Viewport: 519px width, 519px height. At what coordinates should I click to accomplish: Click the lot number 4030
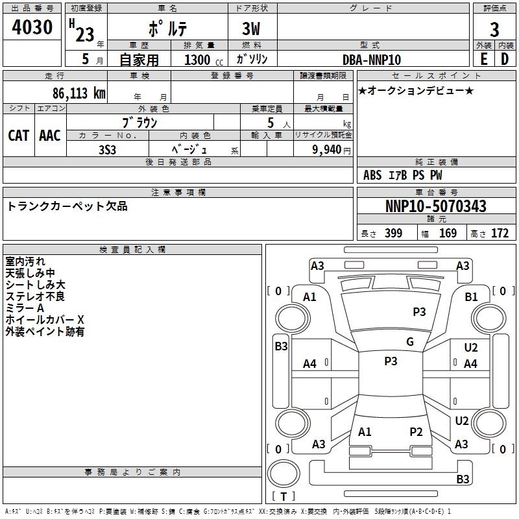pos(32,27)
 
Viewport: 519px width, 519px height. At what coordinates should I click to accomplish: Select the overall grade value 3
pos(494,29)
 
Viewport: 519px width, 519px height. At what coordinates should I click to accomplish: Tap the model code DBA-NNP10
pos(371,60)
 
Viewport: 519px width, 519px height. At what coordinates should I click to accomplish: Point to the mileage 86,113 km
pos(78,93)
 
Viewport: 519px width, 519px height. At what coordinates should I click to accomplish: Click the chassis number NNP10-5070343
pos(436,206)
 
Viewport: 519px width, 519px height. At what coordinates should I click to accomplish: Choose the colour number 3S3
pos(107,150)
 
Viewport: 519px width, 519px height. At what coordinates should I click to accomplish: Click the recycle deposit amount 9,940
pos(326,150)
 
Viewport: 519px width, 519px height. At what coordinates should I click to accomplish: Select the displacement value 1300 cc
pos(204,60)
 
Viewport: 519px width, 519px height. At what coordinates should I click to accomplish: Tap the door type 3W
pos(251,29)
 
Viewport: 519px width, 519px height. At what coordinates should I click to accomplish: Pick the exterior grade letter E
pos(483,59)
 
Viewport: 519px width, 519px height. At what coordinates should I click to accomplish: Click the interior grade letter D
pos(505,59)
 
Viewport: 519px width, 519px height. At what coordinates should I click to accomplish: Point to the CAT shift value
pos(19,136)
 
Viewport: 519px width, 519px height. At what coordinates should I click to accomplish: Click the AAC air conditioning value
pos(50,136)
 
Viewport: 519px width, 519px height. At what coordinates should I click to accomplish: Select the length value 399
pos(394,233)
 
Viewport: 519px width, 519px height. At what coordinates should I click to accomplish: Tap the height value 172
pos(500,233)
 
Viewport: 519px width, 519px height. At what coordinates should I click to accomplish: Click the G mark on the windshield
pos(410,342)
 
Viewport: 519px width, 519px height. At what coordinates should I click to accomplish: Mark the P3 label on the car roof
pos(391,361)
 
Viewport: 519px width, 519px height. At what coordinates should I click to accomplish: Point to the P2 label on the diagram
pos(416,432)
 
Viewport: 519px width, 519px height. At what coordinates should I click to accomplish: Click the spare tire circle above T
pos(284,474)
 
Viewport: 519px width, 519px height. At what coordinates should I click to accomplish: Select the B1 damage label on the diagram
pos(471,297)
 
